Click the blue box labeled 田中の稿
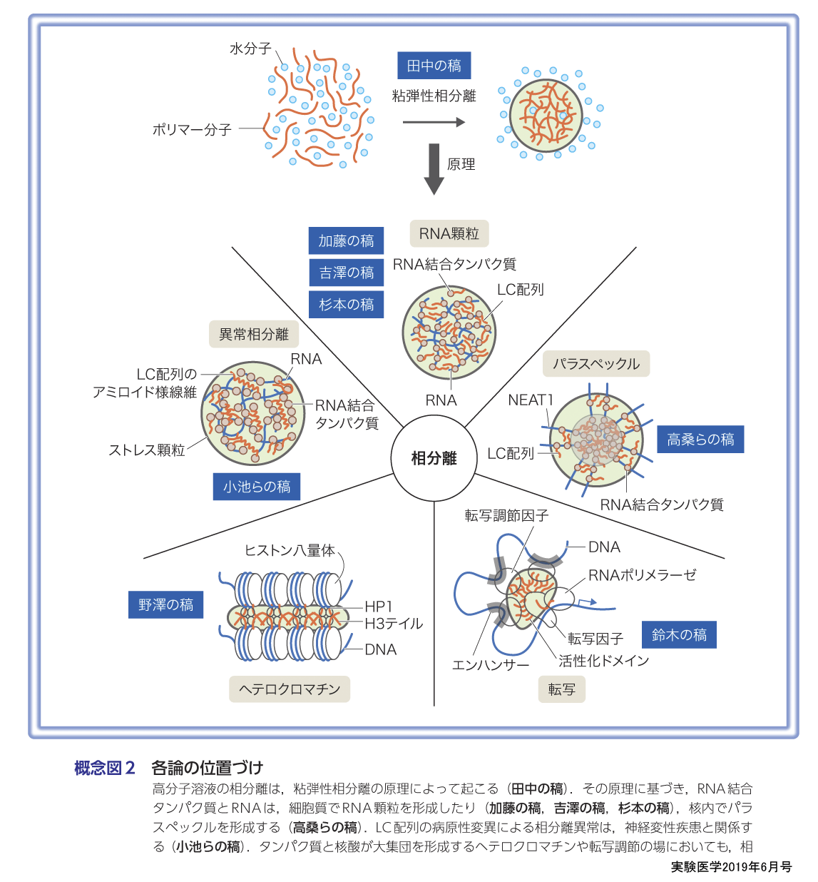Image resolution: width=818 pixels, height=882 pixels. tap(434, 66)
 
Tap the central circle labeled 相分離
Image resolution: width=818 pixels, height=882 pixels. tap(434, 458)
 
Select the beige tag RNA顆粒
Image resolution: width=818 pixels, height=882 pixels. tap(449, 233)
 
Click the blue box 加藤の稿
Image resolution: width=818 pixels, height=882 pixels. tap(346, 241)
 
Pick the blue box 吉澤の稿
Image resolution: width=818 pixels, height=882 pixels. tap(346, 273)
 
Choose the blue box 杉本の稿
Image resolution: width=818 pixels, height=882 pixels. tap(346, 305)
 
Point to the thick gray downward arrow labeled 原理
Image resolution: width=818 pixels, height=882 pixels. tap(434, 168)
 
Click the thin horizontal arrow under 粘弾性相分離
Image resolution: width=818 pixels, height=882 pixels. tap(434, 123)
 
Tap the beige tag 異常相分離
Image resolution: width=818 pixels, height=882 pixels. tap(253, 334)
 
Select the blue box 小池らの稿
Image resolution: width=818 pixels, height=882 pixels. tap(256, 487)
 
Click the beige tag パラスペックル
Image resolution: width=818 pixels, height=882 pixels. tap(596, 364)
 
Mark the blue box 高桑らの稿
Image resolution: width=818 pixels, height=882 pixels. tap(700, 439)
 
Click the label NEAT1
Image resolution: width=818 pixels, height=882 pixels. tap(530, 400)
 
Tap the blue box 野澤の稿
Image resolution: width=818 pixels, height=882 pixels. tap(165, 605)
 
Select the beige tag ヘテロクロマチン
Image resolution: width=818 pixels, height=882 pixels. tap(289, 689)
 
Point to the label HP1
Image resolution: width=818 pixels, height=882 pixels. tap(379, 607)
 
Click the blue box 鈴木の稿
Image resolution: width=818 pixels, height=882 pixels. tap(678, 634)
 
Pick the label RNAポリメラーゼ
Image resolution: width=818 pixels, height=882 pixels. tap(642, 575)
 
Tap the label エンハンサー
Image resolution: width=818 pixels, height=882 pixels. tap(491, 665)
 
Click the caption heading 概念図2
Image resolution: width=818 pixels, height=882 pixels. tap(104, 768)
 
